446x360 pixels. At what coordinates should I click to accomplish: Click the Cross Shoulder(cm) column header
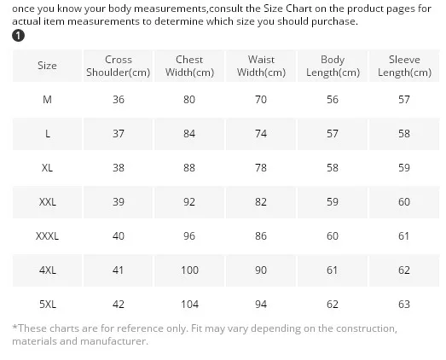coord(118,66)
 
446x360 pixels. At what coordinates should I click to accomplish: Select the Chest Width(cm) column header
coord(189,66)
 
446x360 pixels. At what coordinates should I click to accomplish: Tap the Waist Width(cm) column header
coord(261,66)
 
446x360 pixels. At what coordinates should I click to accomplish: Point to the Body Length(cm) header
coord(333,66)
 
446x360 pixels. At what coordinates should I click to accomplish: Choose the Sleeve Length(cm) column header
coord(404,66)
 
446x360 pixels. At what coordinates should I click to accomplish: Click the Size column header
coord(47,66)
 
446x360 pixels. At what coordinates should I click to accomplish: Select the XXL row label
coord(48,202)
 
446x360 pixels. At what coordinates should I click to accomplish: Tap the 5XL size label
coord(48,305)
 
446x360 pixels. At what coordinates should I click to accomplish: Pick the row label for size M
coord(47,100)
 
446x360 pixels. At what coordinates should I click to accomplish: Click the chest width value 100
coord(189,270)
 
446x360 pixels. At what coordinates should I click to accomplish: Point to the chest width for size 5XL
coord(189,305)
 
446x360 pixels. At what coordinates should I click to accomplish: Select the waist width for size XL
coord(261,168)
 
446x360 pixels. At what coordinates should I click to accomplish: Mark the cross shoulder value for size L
coord(119,134)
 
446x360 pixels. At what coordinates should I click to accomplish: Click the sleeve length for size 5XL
coord(404,305)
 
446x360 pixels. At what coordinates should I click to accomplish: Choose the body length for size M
coord(333,100)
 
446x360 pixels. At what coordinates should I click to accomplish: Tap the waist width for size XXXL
coord(261,236)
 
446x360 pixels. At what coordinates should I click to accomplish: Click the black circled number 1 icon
coord(18,36)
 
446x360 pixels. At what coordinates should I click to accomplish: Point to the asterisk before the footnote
coord(14,327)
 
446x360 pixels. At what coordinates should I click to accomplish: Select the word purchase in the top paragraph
coord(334,21)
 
